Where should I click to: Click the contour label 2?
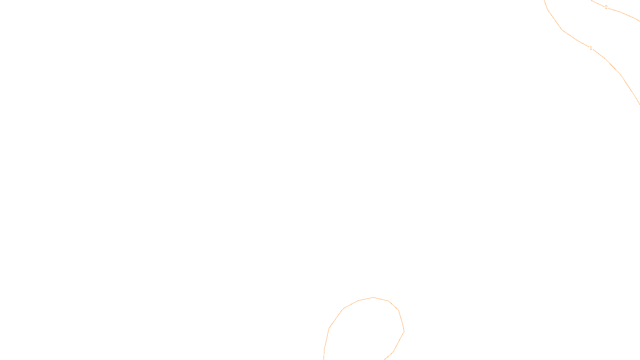(606, 7)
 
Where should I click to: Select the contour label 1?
(591, 48)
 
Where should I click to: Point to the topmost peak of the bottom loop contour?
(374, 297)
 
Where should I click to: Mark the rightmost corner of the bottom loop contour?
(404, 331)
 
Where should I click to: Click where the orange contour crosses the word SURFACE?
(324, 354)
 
